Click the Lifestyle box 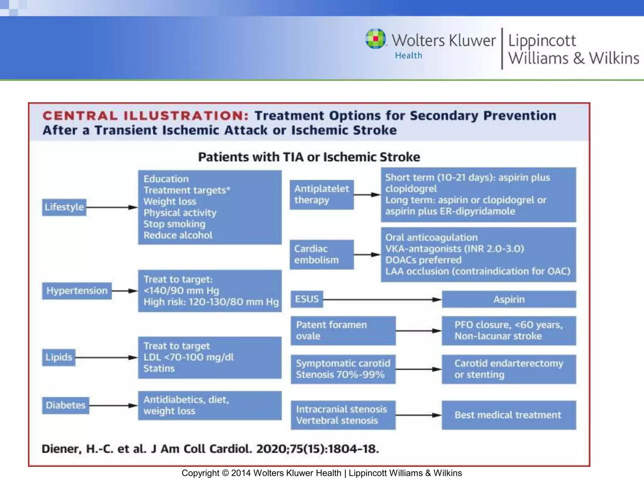pyautogui.click(x=64, y=207)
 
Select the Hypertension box pyautogui.click(x=77, y=291)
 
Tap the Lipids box pyautogui.click(x=59, y=357)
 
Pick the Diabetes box pyautogui.click(x=65, y=405)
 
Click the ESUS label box pyautogui.click(x=307, y=299)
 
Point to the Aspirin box pyautogui.click(x=509, y=299)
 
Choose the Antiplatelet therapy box pyautogui.click(x=321, y=195)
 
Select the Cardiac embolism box pyautogui.click(x=321, y=254)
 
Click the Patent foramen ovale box pyautogui.click(x=343, y=330)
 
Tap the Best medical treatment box pyautogui.click(x=509, y=415)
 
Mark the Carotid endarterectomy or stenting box pyautogui.click(x=509, y=369)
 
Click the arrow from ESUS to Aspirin pyautogui.click(x=382, y=300)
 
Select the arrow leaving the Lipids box pyautogui.click(x=106, y=358)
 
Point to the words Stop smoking pyautogui.click(x=174, y=224)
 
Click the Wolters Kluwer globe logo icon pyautogui.click(x=375, y=39)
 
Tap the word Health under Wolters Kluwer pyautogui.click(x=408, y=56)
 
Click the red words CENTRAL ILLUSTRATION pyautogui.click(x=145, y=116)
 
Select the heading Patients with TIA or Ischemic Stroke pyautogui.click(x=309, y=157)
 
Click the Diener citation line pyautogui.click(x=210, y=449)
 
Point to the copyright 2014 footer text pyautogui.click(x=321, y=473)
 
